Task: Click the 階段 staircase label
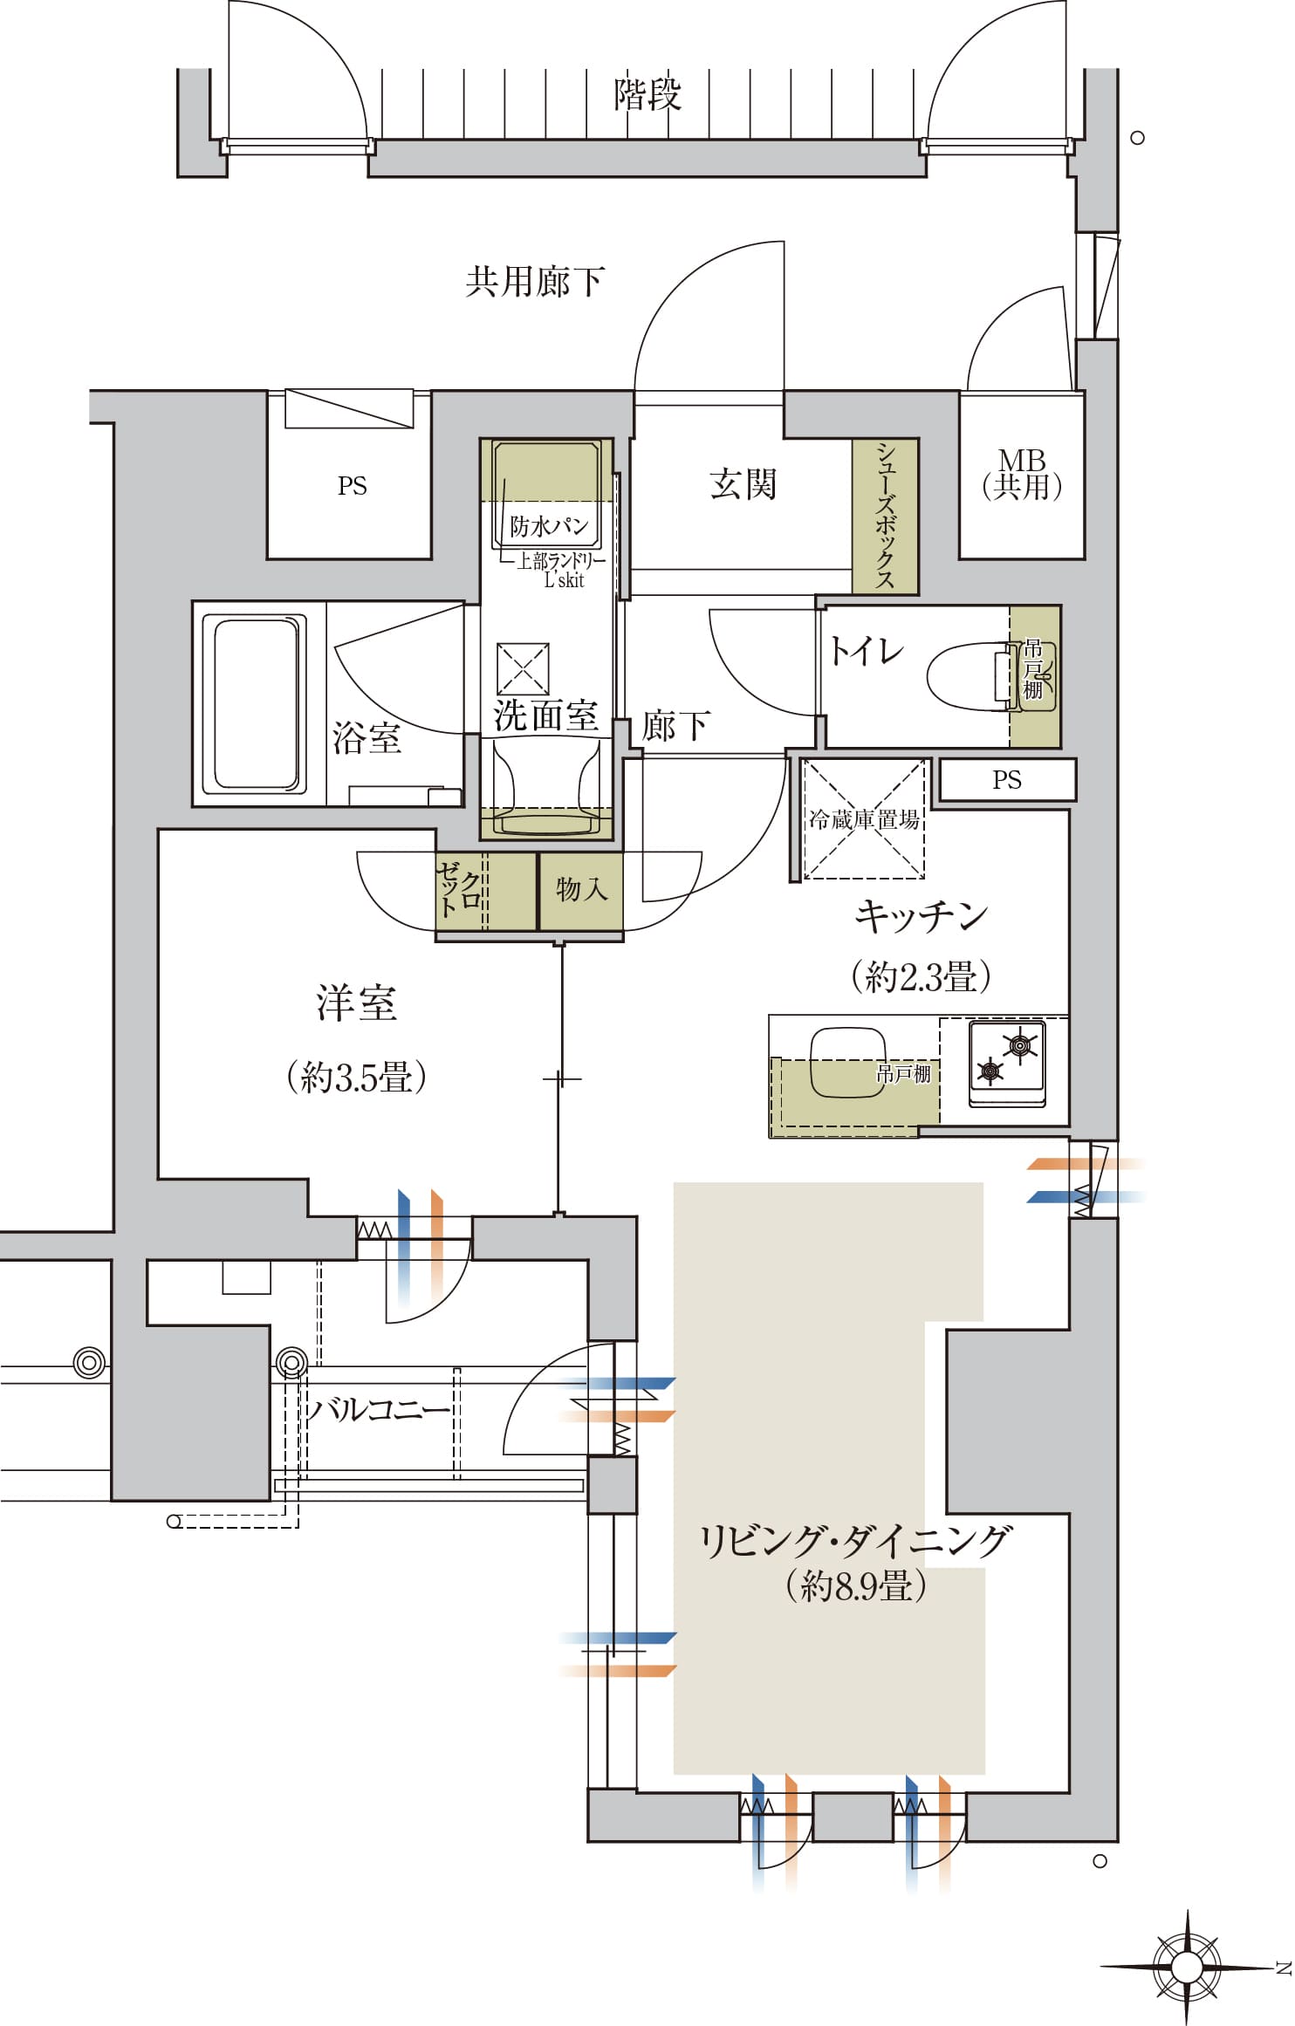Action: (647, 94)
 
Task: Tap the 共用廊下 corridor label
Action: (533, 282)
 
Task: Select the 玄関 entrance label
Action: (742, 483)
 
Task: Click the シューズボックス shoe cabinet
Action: (885, 516)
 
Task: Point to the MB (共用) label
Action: (1021, 474)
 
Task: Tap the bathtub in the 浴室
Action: (255, 703)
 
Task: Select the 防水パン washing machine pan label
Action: (548, 526)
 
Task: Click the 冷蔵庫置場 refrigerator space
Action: (863, 818)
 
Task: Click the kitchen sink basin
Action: (847, 1063)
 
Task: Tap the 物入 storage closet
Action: (581, 889)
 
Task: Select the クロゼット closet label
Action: (459, 889)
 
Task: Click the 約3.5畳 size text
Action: (356, 1078)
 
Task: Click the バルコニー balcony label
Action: (376, 1409)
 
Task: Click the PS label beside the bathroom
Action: (352, 486)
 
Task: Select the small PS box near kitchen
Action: (1007, 779)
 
